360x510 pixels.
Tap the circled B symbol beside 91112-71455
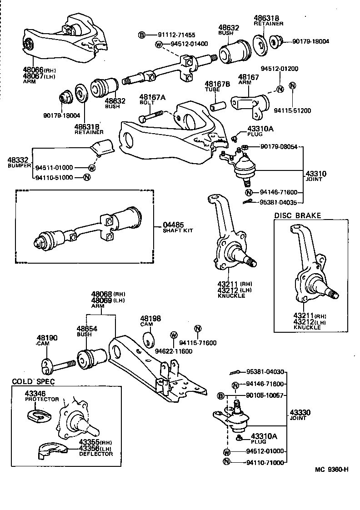pyautogui.click(x=141, y=35)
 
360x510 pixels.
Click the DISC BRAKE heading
pyautogui.click(x=297, y=215)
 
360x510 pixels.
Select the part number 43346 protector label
pyautogui.click(x=35, y=393)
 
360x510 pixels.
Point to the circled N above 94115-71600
pyautogui.click(x=197, y=329)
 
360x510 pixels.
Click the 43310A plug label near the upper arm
pyautogui.click(x=260, y=129)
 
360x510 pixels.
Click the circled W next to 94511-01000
pyautogui.click(x=91, y=168)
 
